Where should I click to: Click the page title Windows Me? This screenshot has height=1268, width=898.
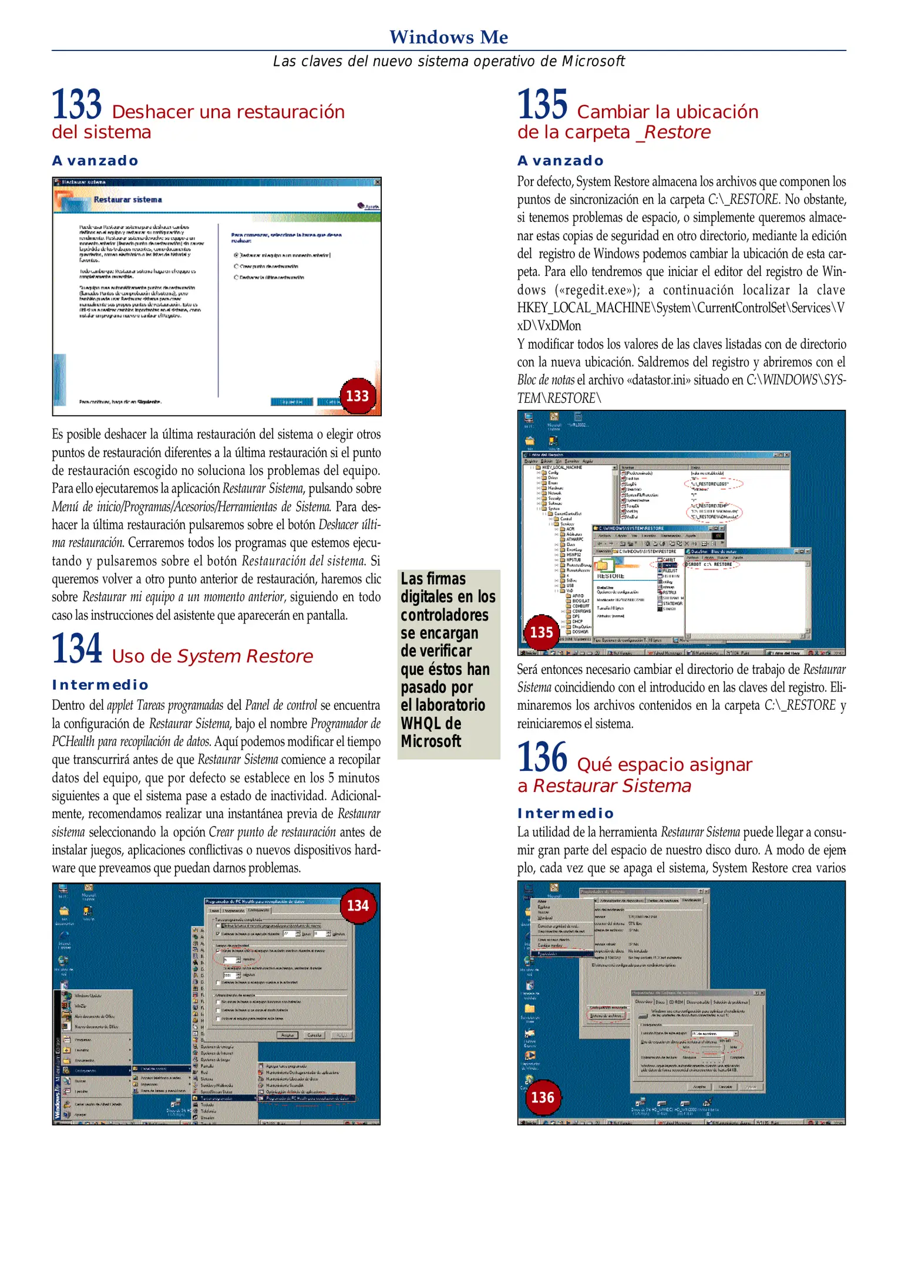tap(449, 37)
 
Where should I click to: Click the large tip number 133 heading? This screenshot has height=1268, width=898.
tap(77, 104)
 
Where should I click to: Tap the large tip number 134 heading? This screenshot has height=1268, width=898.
tap(77, 649)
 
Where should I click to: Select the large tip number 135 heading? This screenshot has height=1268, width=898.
tap(542, 104)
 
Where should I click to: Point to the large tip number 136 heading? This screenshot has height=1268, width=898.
tap(542, 757)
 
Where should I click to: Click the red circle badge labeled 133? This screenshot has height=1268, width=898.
tap(357, 396)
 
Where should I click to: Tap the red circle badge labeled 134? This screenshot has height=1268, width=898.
tap(358, 905)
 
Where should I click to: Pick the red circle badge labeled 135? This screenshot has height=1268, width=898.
tap(541, 632)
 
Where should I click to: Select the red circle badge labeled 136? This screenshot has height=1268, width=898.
tap(542, 1097)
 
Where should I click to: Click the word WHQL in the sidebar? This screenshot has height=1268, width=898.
tap(422, 723)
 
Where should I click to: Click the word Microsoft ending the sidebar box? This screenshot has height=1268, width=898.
tap(430, 741)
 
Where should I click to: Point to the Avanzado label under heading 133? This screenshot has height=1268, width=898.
tap(95, 161)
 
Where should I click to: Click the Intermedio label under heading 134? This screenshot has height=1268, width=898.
tap(100, 685)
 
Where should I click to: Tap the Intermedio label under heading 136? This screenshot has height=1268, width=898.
tap(566, 813)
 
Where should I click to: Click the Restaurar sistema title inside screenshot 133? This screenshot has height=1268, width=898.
tap(127, 200)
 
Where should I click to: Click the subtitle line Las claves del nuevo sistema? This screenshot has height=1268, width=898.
tap(449, 61)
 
